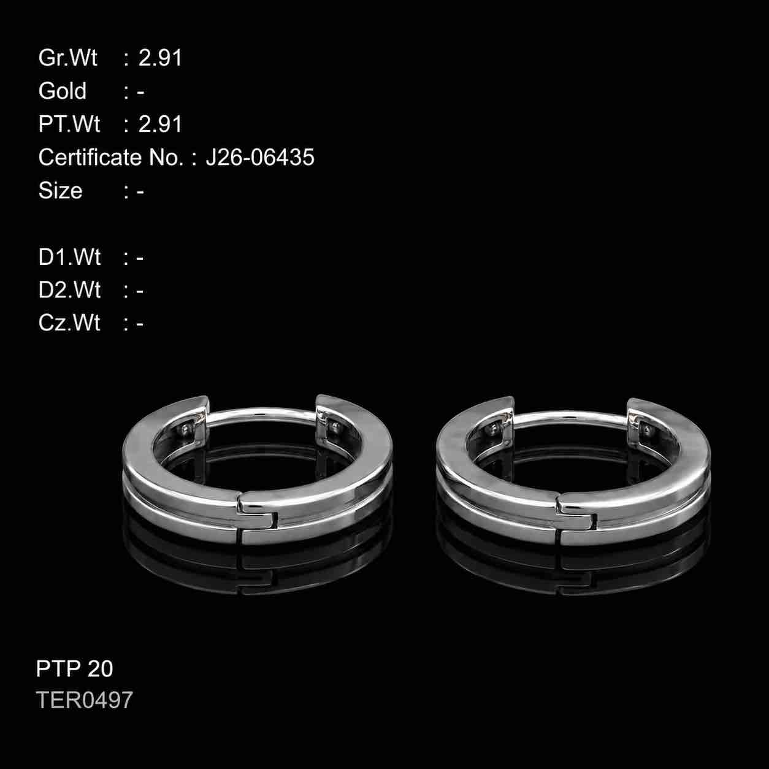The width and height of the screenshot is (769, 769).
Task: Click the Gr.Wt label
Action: [x=67, y=58]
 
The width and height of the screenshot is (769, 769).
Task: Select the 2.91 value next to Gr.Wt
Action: [x=160, y=58]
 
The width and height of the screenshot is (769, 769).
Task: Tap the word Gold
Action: [x=63, y=91]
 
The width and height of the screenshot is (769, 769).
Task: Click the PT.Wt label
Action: [x=69, y=124]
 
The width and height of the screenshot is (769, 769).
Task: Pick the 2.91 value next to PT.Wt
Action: [x=160, y=124]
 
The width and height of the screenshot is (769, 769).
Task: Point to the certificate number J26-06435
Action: [x=260, y=157]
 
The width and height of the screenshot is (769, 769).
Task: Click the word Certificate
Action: [x=90, y=157]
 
